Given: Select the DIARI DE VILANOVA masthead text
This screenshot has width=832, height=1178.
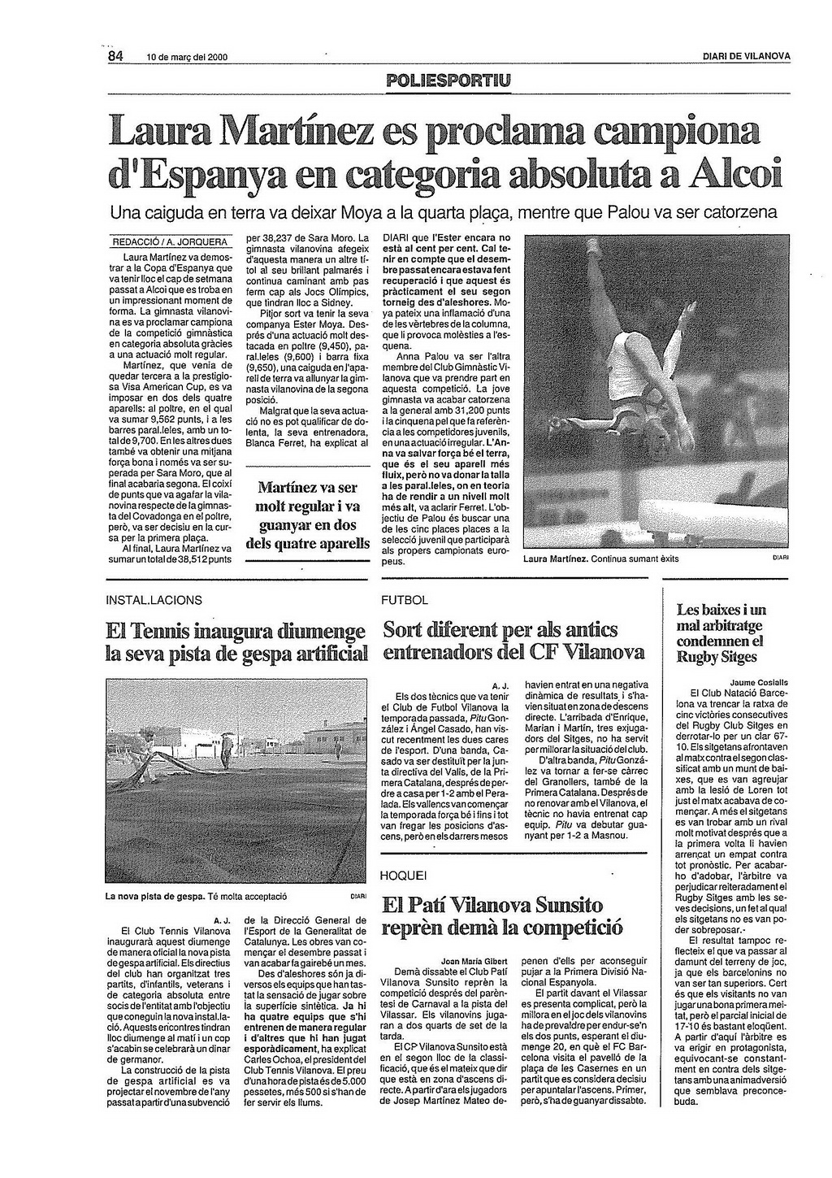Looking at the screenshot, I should [x=746, y=57].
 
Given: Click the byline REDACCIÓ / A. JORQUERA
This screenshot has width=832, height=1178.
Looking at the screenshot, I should [x=170, y=241].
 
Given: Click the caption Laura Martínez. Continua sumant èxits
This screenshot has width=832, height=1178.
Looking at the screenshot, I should [x=600, y=559].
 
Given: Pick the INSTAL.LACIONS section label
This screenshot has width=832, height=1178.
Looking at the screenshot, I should [x=154, y=600].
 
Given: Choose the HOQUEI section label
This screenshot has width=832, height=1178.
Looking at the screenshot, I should [x=403, y=876].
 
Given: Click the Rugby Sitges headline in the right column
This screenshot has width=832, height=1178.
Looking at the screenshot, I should [x=721, y=632].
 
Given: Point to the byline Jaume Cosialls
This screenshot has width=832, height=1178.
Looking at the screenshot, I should [x=759, y=681].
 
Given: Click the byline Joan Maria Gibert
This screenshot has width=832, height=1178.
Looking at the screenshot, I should [x=474, y=960].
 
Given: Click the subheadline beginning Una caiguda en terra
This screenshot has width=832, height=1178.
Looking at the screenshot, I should [x=443, y=214].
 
